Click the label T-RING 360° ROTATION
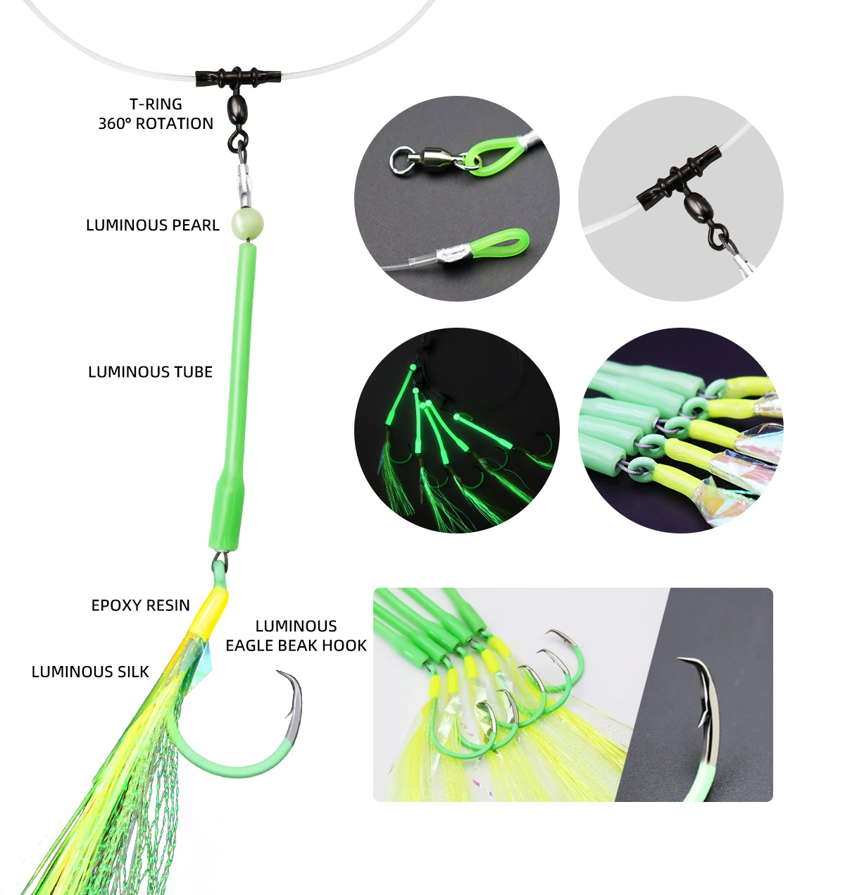156,113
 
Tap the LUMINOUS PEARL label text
153,225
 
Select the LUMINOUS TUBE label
151,372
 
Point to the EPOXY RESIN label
141,605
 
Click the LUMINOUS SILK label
90,672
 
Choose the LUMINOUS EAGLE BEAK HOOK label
296,636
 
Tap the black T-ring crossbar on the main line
238,78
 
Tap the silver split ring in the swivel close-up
401,160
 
